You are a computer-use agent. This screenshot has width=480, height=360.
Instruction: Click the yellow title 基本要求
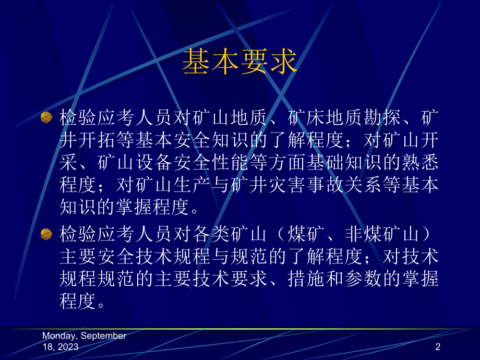tap(239, 62)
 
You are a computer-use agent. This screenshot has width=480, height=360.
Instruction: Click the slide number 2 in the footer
tap(438, 347)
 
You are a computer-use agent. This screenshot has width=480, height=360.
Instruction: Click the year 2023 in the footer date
tap(68, 347)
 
